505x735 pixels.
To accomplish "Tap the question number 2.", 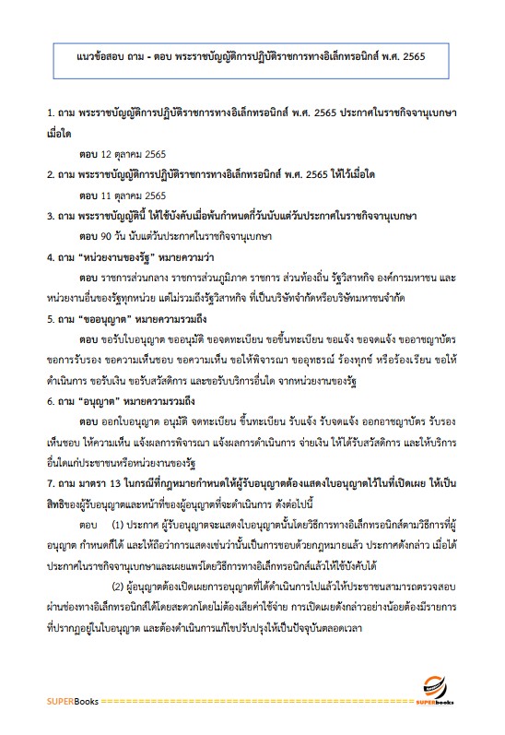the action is coord(51,173).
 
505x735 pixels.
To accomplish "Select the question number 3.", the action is coord(51,217).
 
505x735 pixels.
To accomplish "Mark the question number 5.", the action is coord(51,320).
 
